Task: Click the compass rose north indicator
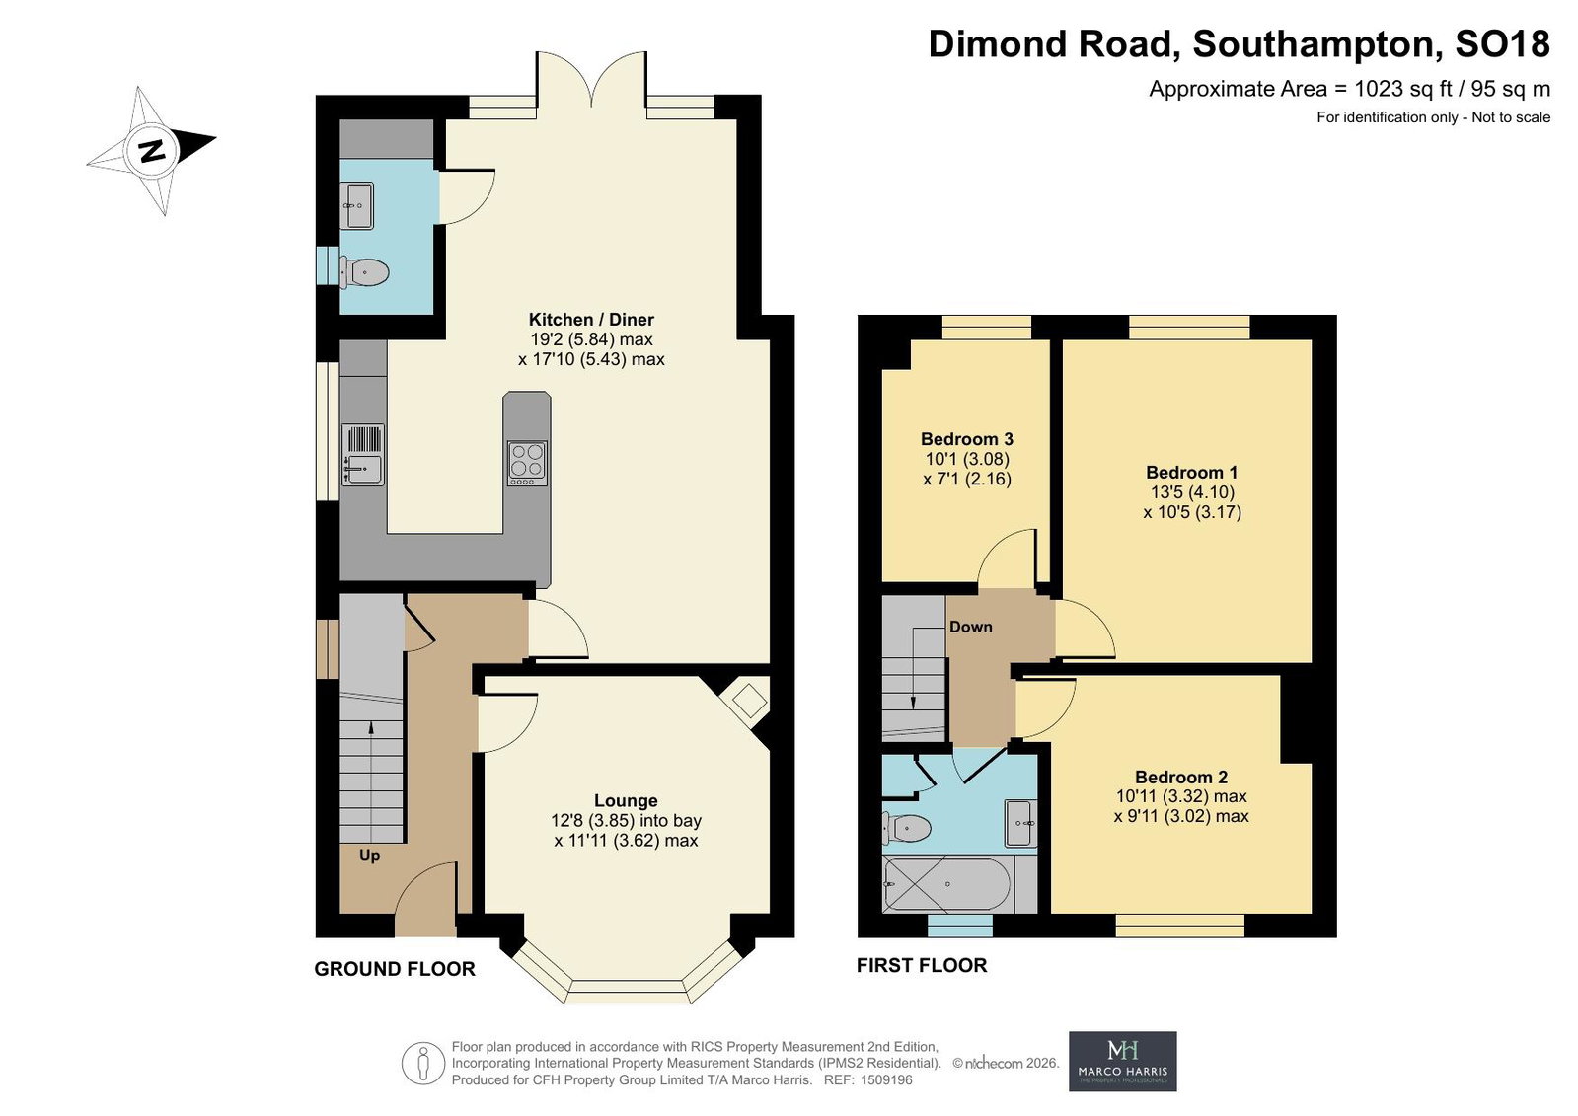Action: (x=151, y=150)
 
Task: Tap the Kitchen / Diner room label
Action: (x=592, y=319)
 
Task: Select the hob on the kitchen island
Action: (x=527, y=463)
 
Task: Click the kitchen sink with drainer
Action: (x=363, y=455)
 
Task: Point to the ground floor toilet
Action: (x=364, y=272)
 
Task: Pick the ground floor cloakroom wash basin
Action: (x=357, y=205)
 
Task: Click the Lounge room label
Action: (x=626, y=800)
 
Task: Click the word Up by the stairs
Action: (x=370, y=856)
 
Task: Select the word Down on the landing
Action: (x=971, y=627)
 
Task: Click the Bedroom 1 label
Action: (x=1192, y=472)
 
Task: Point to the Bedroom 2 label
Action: (x=1181, y=778)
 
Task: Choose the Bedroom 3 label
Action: (x=967, y=439)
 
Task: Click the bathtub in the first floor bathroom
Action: (x=947, y=884)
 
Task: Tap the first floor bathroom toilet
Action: (x=906, y=827)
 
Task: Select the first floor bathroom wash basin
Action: (x=1020, y=823)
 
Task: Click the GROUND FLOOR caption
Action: (x=395, y=969)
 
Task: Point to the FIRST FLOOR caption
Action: (x=922, y=965)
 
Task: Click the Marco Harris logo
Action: (x=1122, y=1061)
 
